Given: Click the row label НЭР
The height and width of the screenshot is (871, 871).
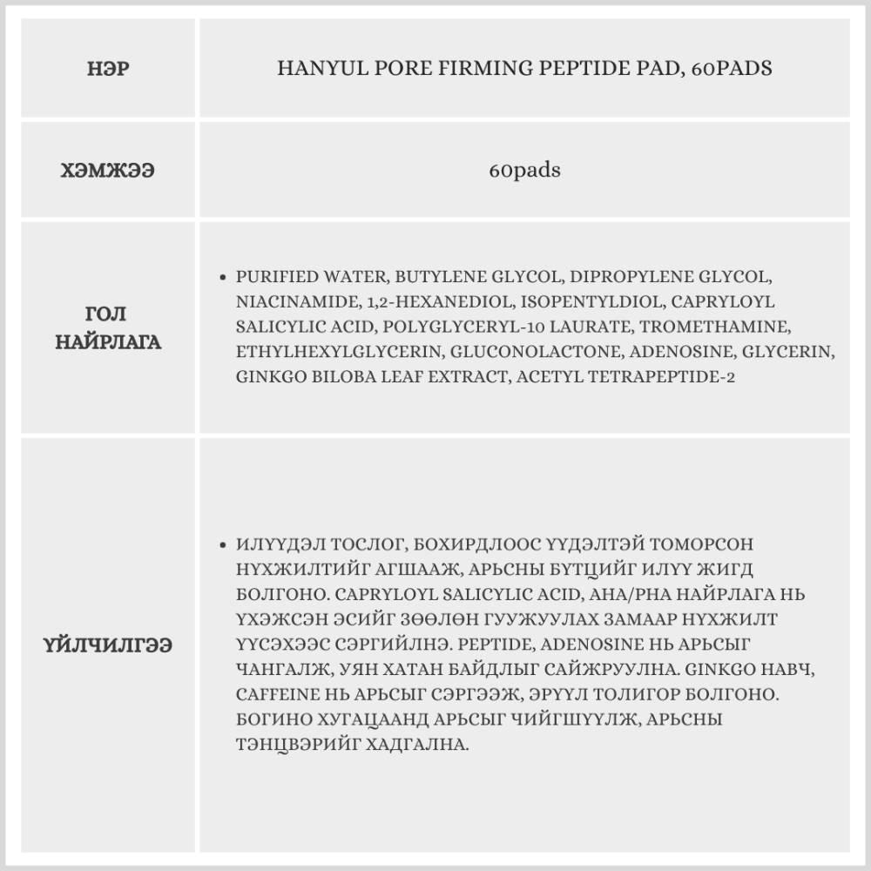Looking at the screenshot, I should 109,69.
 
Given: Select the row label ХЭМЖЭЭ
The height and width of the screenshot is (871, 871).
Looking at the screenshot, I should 109,171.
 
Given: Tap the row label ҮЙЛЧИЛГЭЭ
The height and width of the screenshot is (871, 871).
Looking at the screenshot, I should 109,645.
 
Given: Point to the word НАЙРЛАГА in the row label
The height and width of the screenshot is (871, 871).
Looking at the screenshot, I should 109,341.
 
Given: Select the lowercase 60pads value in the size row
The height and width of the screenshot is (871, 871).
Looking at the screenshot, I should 524,171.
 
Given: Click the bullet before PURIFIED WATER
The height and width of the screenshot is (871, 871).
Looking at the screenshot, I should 223,278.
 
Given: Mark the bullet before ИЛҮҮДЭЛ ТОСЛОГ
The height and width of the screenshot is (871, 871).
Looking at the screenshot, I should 223,544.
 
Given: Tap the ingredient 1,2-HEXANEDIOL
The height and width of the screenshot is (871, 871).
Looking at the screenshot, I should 398,302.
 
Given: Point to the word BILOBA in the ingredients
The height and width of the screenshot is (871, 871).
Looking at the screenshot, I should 331,377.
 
